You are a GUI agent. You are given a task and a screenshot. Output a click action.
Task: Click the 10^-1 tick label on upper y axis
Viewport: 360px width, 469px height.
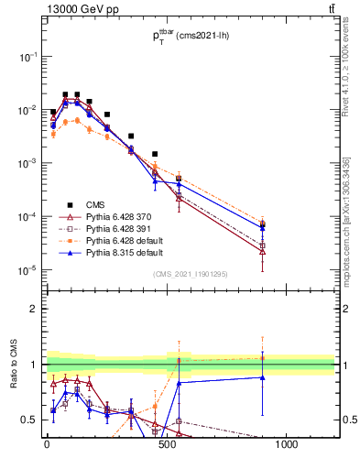[28, 57]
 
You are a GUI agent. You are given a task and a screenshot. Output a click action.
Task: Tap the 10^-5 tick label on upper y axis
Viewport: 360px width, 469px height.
[28, 270]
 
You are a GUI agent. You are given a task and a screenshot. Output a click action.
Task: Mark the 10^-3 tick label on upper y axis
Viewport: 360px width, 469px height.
[28, 163]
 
